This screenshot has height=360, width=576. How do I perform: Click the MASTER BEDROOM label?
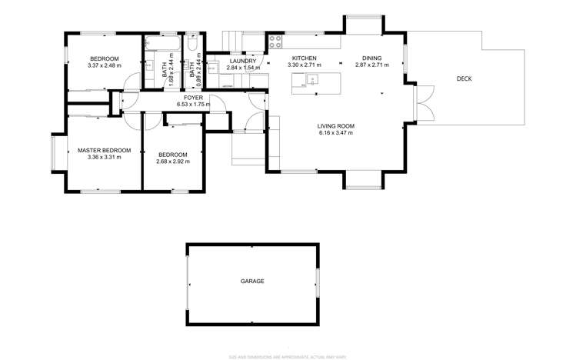(105, 150)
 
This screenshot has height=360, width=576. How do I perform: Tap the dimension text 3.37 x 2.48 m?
(105, 66)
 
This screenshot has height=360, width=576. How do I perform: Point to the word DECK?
(464, 78)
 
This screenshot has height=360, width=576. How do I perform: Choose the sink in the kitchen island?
(312, 78)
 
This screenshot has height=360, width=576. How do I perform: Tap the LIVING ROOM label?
(335, 125)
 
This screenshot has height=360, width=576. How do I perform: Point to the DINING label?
(371, 58)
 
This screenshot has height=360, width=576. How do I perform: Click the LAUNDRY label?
(242, 61)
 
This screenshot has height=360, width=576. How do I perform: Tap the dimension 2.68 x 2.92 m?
(173, 162)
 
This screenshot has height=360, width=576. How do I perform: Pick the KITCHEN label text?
(304, 58)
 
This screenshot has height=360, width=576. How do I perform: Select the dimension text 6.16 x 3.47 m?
(335, 133)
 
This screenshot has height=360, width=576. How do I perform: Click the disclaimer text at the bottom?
(287, 355)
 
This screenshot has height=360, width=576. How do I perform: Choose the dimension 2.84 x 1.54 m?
(242, 68)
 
